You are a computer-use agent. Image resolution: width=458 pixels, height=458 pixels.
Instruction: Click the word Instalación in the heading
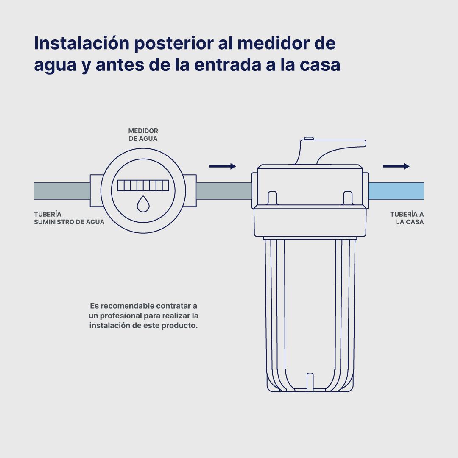[x=82, y=43]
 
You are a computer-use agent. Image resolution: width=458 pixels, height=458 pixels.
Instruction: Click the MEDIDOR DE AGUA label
[x=143, y=135]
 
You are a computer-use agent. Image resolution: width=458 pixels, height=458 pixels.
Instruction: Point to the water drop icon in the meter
[x=143, y=204]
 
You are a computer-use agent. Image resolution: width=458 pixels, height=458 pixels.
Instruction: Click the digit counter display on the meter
[x=143, y=185]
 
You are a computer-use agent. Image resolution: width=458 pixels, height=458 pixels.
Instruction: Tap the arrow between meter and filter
[x=223, y=166]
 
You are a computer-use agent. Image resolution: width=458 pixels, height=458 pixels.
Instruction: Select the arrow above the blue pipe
[x=396, y=166]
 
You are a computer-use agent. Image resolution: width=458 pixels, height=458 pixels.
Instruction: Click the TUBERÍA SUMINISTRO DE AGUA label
[x=69, y=218]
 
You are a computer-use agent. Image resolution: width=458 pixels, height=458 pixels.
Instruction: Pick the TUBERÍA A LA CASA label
[x=407, y=218]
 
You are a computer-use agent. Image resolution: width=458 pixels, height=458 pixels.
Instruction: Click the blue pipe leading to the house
[x=397, y=191]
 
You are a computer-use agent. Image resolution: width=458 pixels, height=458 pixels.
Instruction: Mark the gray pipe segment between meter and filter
[x=224, y=191]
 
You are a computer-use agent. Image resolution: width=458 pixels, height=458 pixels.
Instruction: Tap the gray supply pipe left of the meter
[x=62, y=191]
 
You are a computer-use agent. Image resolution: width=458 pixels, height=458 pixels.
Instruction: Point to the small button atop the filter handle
[x=309, y=138]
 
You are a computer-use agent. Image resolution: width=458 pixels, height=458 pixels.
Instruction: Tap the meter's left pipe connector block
[x=96, y=191]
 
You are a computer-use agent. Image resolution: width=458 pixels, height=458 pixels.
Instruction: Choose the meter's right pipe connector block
[x=190, y=191]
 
